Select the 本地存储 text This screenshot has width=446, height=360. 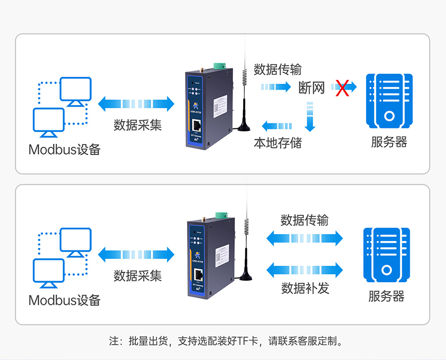(278, 143)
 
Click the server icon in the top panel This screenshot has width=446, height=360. (389, 101)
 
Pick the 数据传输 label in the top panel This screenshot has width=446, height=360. (278, 69)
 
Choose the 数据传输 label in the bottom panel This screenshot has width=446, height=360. (304, 220)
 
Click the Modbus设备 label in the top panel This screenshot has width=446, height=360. (64, 149)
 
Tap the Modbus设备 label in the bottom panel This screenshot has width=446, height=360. (64, 300)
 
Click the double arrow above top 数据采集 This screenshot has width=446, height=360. (136, 104)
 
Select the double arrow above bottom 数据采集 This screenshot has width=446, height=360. (136, 255)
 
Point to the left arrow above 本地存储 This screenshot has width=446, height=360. (277, 126)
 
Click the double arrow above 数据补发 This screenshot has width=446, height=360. (304, 270)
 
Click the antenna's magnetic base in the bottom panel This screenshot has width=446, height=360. (245, 278)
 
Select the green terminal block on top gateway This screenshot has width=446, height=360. (218, 65)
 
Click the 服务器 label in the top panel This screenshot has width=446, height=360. (389, 142)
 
